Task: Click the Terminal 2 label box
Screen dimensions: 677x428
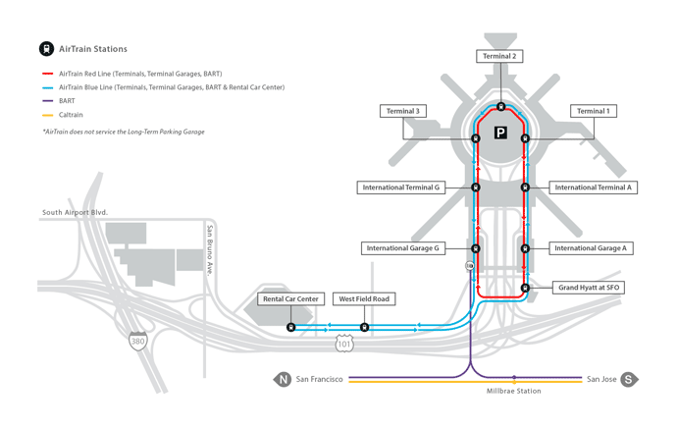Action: click(x=499, y=56)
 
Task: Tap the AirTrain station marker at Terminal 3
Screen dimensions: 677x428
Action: click(x=475, y=138)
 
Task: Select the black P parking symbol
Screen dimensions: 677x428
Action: click(x=500, y=133)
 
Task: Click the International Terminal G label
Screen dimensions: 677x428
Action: click(x=401, y=187)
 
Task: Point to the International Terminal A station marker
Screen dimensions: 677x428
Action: click(x=525, y=187)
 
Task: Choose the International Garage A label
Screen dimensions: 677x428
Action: click(x=591, y=248)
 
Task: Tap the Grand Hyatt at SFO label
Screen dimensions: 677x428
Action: click(x=589, y=288)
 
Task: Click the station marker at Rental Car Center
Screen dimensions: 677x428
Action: click(x=291, y=327)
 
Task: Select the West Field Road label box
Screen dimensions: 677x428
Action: click(x=364, y=298)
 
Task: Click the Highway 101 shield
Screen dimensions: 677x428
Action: click(x=344, y=344)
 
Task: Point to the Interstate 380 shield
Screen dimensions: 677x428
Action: click(x=137, y=342)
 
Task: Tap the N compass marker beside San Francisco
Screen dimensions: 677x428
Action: click(x=283, y=379)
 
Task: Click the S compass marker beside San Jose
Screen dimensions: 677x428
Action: click(x=629, y=379)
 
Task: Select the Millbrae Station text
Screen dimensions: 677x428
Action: click(x=514, y=391)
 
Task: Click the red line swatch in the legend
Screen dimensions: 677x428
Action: click(x=47, y=74)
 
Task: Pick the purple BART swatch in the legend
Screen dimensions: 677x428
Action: click(x=47, y=101)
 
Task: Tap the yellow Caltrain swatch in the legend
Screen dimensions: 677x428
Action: click(x=47, y=115)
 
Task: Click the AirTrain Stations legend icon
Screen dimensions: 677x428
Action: click(x=47, y=49)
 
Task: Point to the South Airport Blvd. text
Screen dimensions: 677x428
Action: click(x=76, y=212)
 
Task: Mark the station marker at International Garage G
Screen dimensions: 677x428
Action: click(x=475, y=248)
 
